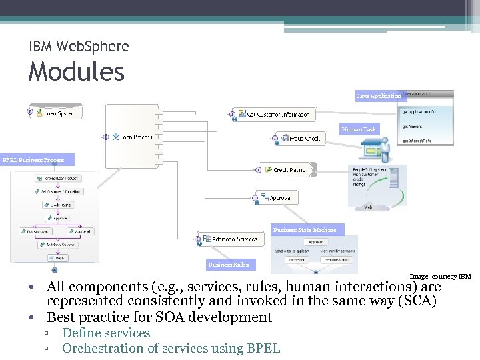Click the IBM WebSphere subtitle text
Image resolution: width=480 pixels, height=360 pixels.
pos(79,46)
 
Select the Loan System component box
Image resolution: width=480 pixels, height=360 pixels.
pos(57,112)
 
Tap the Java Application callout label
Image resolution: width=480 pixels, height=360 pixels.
pos(378,96)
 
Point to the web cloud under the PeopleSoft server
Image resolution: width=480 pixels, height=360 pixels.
pos(368,207)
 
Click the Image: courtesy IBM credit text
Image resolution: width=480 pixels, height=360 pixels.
pos(440,276)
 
